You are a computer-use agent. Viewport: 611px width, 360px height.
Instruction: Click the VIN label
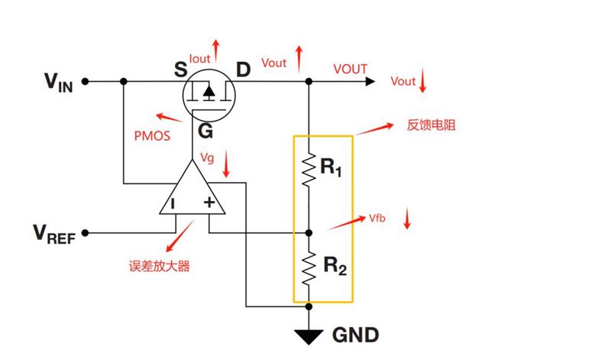click(59, 83)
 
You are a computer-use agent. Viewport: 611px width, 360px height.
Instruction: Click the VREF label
click(54, 234)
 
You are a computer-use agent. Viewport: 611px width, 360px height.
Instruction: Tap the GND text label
click(355, 335)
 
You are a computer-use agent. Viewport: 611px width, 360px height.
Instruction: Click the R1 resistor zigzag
click(309, 170)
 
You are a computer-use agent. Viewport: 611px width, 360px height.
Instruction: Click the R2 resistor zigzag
click(309, 269)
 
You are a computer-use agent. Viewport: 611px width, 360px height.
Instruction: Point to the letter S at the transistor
click(181, 70)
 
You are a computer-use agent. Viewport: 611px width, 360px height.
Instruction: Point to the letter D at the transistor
click(243, 70)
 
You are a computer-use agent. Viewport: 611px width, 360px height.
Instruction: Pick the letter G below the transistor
click(205, 131)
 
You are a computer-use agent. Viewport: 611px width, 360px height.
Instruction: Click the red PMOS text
click(152, 136)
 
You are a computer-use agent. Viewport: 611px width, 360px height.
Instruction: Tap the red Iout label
click(199, 59)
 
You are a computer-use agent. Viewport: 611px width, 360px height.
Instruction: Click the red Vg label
click(207, 158)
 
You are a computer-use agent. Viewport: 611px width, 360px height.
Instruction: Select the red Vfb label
click(377, 219)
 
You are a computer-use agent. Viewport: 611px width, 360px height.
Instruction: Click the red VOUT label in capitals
click(351, 69)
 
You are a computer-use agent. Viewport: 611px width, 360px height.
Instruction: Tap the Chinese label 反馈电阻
click(431, 125)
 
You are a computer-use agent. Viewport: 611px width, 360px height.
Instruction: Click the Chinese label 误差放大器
click(160, 267)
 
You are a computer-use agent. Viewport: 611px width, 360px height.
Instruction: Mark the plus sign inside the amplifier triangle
click(209, 202)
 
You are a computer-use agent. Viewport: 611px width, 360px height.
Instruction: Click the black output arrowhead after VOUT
click(370, 82)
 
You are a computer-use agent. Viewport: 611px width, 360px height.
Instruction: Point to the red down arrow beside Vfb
click(407, 219)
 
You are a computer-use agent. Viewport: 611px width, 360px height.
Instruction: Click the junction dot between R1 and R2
click(309, 233)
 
